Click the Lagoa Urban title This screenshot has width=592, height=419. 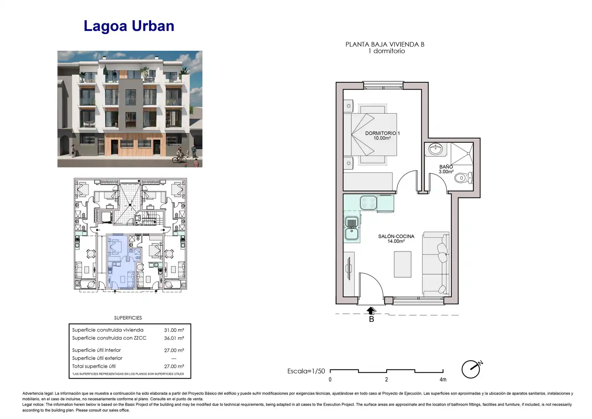[x=129, y=26]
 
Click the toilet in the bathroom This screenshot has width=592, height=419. [x=464, y=178]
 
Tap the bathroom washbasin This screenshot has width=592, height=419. [x=435, y=149]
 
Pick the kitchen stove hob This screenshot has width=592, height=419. [x=368, y=203]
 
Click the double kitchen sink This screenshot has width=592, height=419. [x=351, y=229]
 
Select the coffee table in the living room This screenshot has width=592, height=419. [x=403, y=264]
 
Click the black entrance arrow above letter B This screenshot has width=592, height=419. [x=371, y=311]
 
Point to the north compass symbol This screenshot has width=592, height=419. [x=472, y=369]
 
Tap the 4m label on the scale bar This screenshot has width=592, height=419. [x=443, y=379]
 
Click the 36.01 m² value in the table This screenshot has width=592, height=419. [x=174, y=338]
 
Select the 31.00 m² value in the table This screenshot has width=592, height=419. [x=174, y=330]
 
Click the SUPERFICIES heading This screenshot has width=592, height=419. [x=128, y=318]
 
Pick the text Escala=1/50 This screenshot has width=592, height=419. [x=306, y=371]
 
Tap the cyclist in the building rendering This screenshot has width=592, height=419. [x=179, y=156]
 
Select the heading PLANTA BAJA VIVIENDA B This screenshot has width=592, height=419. [x=385, y=45]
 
